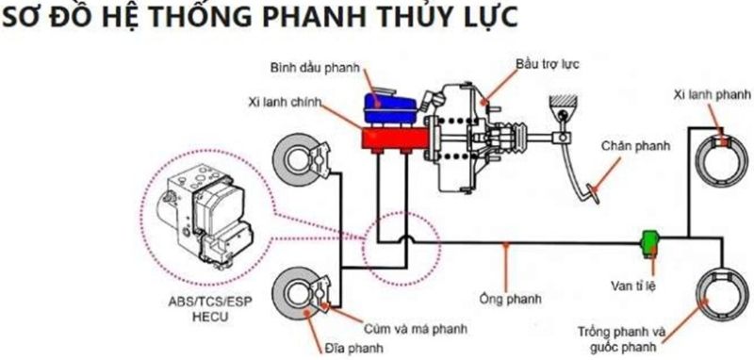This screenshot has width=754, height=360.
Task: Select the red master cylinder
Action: pos(387,139)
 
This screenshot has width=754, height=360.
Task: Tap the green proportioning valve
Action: pos(648,242)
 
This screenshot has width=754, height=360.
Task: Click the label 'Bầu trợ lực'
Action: pos(547,63)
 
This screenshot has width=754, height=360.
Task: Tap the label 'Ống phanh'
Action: pos(514,299)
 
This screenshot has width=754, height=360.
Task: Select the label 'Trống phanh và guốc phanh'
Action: pos(622,336)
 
